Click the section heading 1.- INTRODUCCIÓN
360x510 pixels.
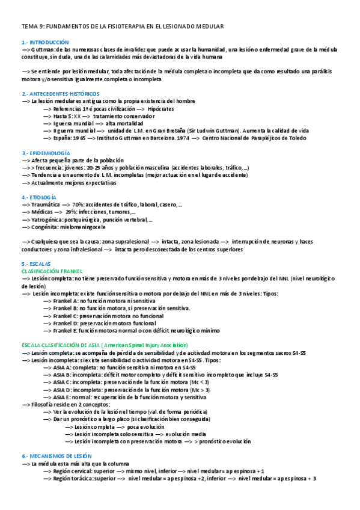45,42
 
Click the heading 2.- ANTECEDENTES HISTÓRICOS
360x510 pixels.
60,94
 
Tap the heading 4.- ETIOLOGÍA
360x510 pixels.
39,197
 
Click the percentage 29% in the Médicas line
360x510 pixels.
72,212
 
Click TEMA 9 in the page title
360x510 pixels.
32,27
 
